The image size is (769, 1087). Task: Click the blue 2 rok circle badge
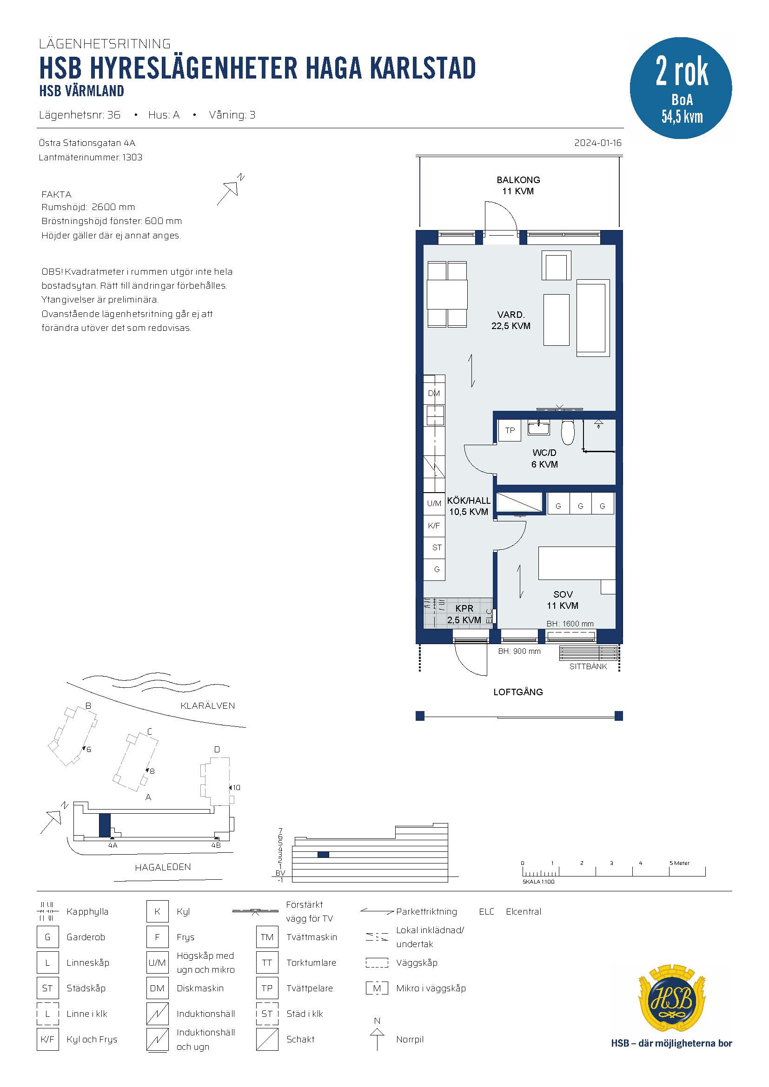tap(681, 88)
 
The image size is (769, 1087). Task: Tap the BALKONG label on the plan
tap(518, 180)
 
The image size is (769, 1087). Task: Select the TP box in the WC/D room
tap(510, 430)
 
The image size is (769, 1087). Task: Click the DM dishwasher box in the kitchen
tap(434, 394)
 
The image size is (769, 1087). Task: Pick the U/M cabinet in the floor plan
tap(434, 503)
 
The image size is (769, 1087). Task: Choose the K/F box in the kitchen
tap(434, 526)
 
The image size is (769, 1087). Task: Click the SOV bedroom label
tap(563, 594)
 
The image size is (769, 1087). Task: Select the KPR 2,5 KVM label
tap(464, 614)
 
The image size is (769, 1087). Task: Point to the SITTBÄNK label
tap(588, 666)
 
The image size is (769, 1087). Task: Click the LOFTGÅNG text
tap(518, 692)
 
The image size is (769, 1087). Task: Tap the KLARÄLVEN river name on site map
tap(207, 705)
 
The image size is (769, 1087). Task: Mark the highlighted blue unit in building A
tap(105, 825)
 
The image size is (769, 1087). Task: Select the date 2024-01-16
tap(597, 143)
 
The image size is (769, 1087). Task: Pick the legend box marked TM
tap(267, 937)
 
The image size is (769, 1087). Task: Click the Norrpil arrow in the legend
tap(377, 1039)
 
